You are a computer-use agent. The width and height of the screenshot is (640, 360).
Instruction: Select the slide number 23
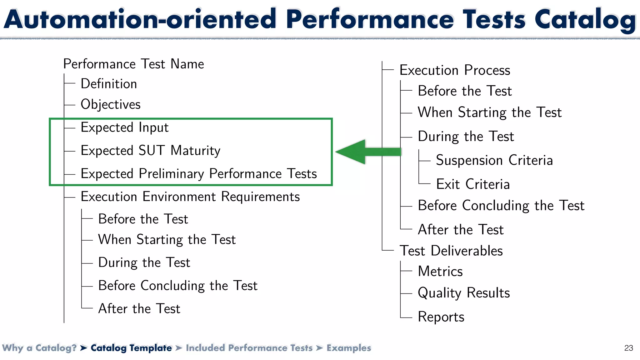628,348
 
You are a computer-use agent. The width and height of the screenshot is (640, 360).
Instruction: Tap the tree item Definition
109,84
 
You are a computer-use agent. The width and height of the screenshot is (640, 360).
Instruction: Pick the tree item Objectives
111,104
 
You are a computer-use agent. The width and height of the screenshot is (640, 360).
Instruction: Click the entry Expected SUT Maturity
150,151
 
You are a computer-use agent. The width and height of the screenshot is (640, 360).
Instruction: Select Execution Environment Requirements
190,197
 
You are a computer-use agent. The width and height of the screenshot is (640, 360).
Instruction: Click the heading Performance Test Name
133,64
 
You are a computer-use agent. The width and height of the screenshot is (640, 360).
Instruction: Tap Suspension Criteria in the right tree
494,160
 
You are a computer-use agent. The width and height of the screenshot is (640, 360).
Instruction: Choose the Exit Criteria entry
473,184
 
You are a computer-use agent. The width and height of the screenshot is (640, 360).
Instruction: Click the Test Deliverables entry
451,251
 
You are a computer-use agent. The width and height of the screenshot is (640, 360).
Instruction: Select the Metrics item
440,271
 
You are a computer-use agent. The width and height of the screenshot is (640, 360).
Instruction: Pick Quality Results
464,293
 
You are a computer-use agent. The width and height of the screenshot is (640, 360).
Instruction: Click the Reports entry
441,317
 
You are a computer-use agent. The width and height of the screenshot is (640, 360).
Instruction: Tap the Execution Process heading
455,70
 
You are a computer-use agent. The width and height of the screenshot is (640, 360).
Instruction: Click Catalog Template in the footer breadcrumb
131,348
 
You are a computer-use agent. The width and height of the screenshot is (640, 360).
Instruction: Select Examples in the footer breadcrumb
349,348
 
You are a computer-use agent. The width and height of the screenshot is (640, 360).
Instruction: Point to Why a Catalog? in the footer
39,348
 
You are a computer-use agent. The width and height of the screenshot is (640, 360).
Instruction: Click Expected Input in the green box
124,127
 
